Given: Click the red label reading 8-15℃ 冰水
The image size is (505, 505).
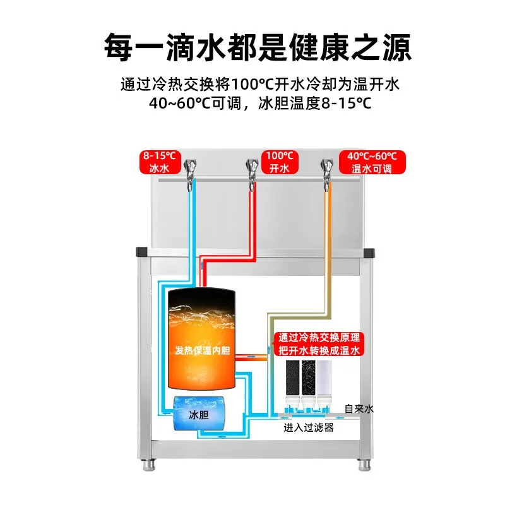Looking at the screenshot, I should click(x=160, y=163).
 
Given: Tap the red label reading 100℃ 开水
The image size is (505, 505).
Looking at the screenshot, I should click(x=280, y=163).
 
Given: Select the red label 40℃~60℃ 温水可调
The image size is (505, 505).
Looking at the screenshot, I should click(x=372, y=163).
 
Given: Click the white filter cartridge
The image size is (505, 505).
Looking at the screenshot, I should click(x=325, y=382).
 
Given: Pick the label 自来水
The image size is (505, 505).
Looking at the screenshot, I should click(x=359, y=409).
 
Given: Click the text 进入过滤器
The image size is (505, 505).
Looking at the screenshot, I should click(x=308, y=428).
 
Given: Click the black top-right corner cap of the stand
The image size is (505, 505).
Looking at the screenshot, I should click(x=371, y=251).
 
